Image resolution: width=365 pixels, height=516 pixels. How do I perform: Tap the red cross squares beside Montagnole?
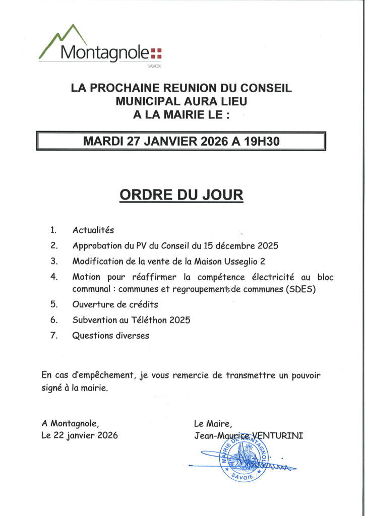tap(157, 53)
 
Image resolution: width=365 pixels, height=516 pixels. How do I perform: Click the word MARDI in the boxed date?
tap(103, 141)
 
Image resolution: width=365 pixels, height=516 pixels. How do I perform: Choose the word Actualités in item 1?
tap(93, 230)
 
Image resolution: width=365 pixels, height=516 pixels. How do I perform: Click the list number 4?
tap(54, 277)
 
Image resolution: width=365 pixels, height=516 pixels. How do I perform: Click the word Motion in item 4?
tap(86, 277)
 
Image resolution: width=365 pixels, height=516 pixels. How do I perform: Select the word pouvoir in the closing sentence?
tap(303, 375)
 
